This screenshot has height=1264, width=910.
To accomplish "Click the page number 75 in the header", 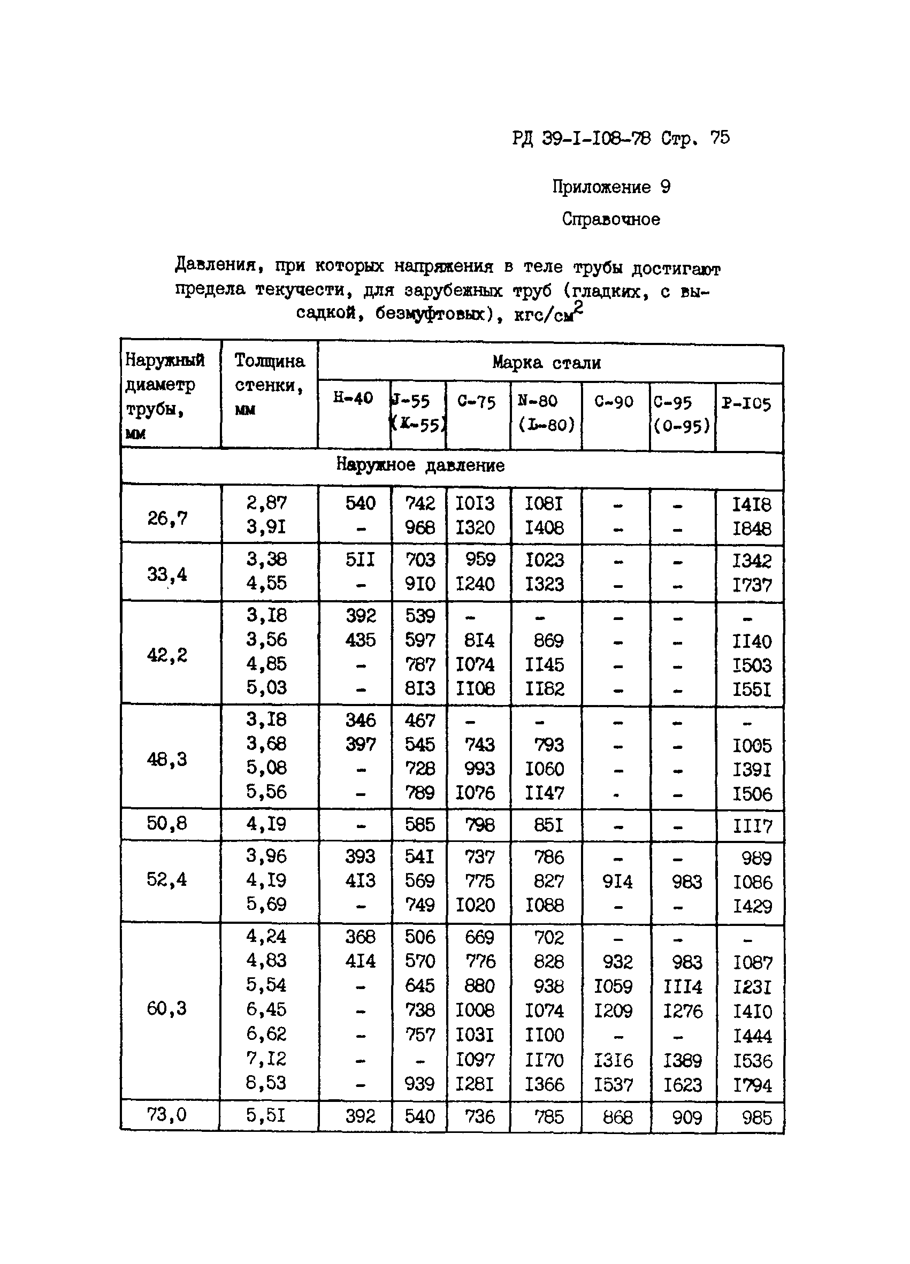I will coord(720,137).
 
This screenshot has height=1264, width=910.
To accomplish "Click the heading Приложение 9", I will coord(611,187).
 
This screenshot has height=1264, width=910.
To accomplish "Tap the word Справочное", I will coord(611,219).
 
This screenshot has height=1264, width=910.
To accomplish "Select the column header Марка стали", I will coord(546,363).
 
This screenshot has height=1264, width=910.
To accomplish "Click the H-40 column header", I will coord(353,398).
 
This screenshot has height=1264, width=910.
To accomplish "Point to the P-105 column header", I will coord(746,403).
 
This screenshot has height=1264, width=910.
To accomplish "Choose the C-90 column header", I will coord(614,401).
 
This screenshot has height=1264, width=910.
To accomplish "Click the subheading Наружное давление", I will coord(420,465).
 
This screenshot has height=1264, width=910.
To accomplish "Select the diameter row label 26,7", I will coord(167,518).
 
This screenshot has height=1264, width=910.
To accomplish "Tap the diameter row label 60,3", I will coord(166,1008).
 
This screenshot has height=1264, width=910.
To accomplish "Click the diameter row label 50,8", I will coord(166,823).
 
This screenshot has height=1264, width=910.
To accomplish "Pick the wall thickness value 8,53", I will coord(266,1082).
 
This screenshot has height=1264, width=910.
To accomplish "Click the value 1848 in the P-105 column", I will coord(751,528).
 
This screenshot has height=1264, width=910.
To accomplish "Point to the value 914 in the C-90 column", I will coord(617,882).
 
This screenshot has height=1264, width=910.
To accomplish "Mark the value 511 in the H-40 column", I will coord(360,560).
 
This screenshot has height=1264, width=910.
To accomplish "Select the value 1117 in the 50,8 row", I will coord(752,825).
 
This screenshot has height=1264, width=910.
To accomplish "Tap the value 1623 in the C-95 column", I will coord(683,1085).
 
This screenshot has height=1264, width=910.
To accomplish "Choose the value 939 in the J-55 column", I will coord(419,1083).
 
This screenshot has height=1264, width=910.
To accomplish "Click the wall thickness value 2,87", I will coord(266,503).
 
